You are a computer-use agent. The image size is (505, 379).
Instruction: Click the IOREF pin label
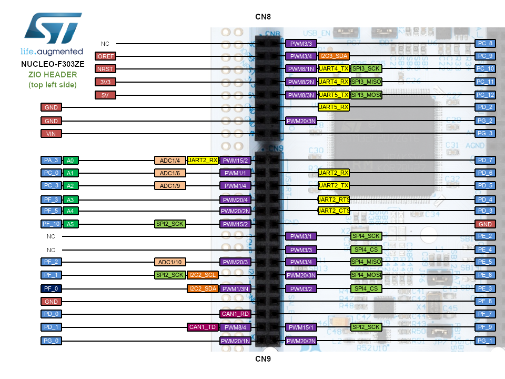105,56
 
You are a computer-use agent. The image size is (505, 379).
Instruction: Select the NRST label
105,68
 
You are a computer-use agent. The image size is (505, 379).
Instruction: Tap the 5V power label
105,95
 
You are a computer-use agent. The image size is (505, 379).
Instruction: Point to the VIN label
51,134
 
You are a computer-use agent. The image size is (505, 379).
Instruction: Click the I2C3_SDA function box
334,56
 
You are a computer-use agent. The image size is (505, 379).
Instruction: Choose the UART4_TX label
334,68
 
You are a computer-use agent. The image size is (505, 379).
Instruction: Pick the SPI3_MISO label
366,82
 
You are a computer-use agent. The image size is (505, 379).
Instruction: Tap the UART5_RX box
334,107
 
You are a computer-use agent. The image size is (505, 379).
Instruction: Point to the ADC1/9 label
170,186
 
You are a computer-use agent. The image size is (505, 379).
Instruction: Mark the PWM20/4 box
235,200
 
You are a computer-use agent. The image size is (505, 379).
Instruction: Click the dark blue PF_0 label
51,288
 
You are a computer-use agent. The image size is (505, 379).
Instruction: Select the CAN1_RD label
235,314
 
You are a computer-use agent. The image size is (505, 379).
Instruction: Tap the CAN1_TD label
203,327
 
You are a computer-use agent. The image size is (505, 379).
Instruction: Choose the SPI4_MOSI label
366,275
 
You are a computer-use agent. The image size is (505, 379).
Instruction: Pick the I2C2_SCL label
203,275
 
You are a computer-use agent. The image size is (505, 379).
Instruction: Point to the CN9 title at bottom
263,359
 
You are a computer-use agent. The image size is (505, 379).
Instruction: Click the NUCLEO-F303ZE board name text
52,64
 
